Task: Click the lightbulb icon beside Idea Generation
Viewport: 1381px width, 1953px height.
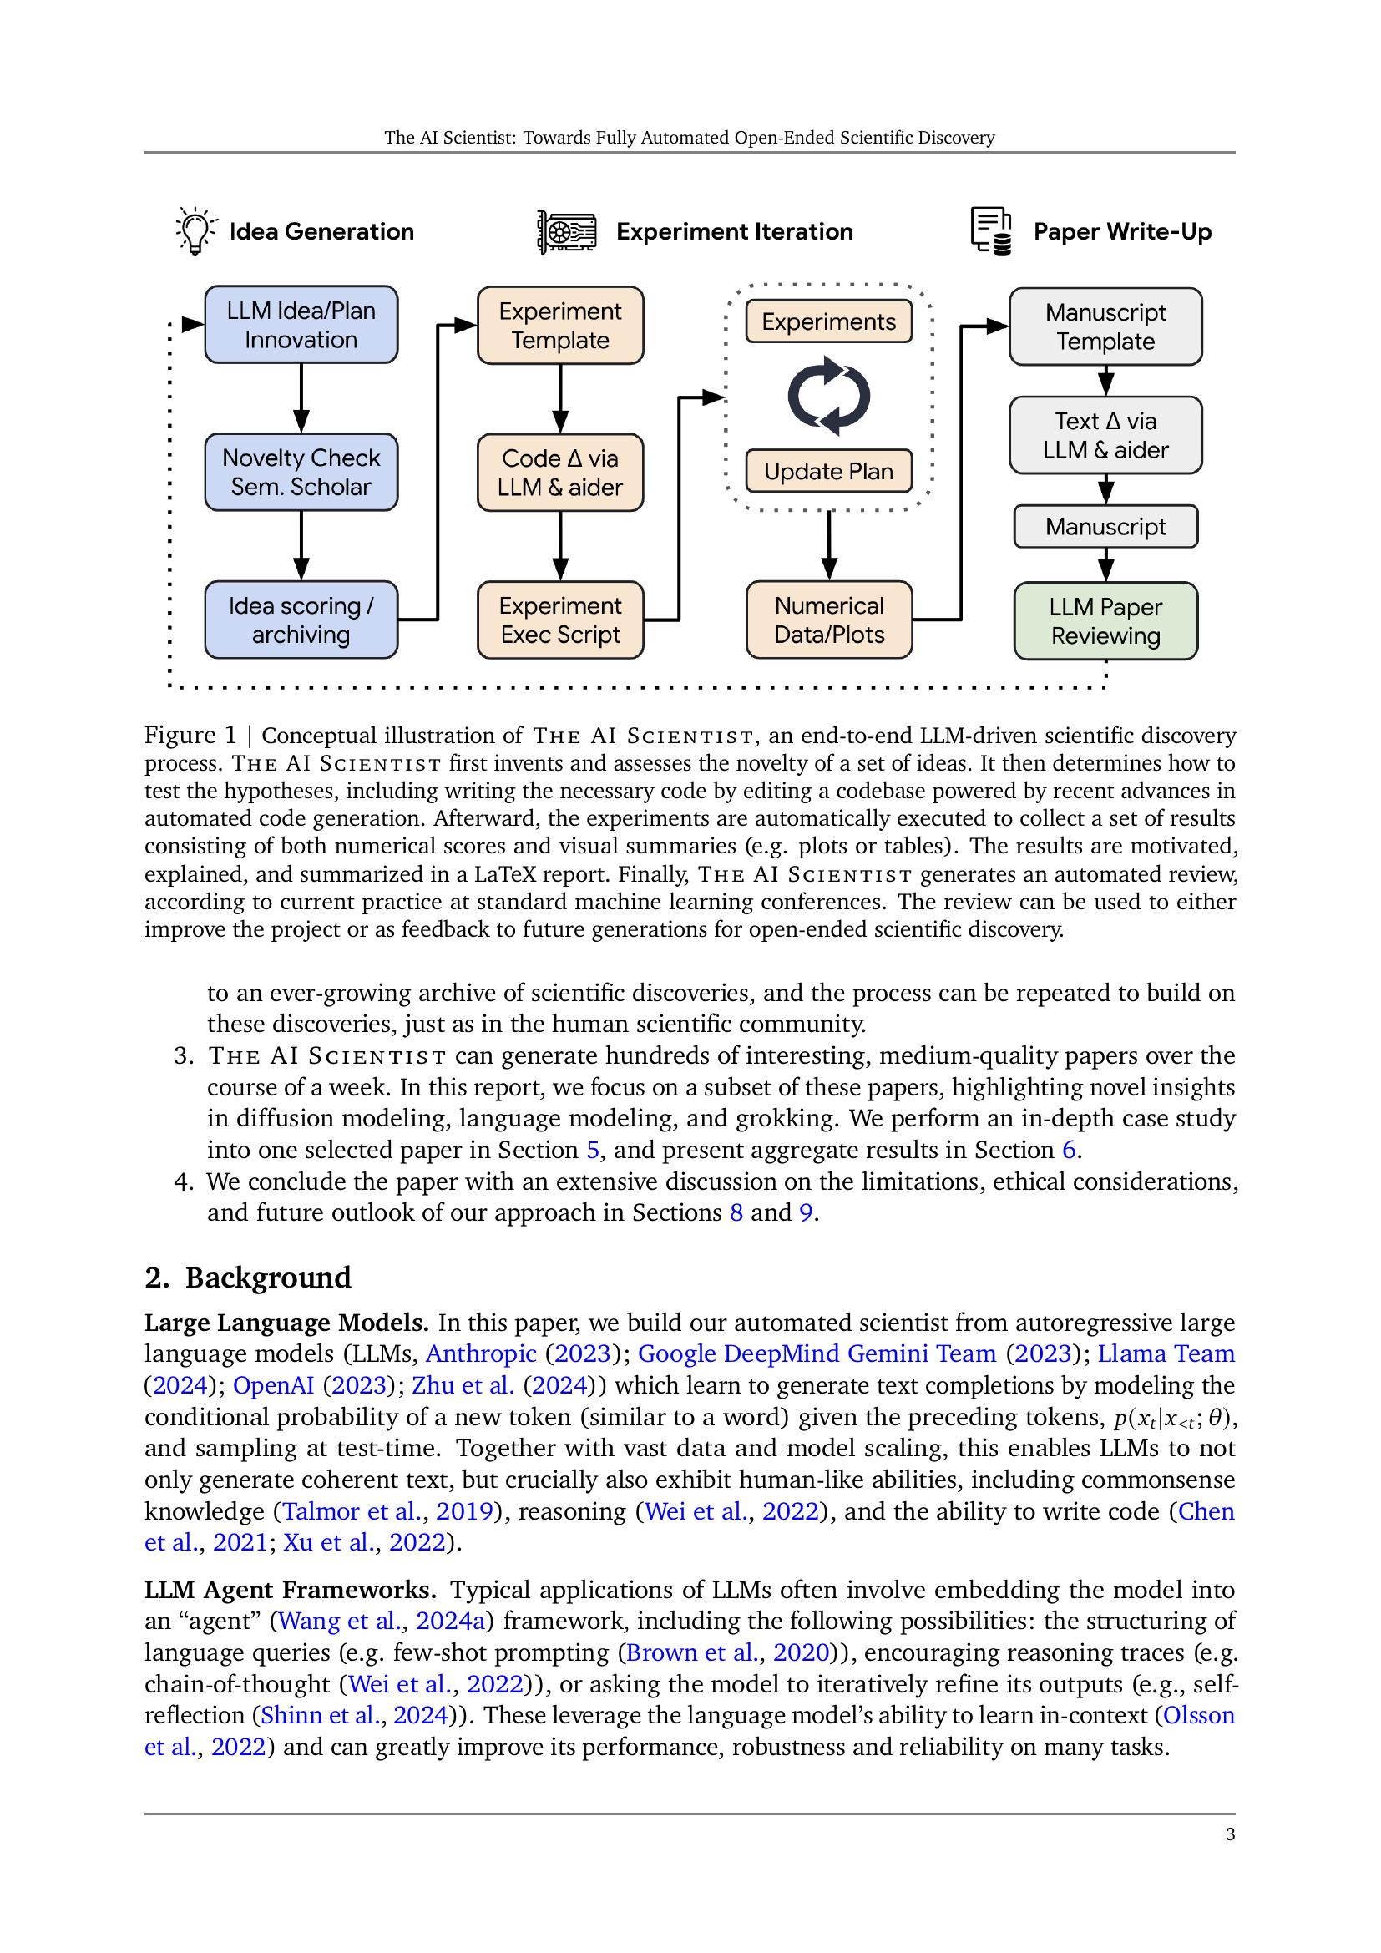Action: coord(195,230)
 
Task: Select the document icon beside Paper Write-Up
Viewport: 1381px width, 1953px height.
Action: coord(991,230)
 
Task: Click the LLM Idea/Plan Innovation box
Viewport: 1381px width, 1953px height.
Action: coord(301,325)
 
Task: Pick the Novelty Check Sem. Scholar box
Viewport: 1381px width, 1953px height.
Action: coord(301,472)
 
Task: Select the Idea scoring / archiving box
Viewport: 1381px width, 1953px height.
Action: coord(301,620)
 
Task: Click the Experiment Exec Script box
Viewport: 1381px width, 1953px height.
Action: coord(560,620)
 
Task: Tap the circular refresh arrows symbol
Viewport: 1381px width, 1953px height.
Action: coord(828,396)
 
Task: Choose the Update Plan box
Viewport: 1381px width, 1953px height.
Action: coord(828,471)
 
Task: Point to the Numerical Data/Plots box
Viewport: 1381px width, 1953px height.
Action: coord(829,620)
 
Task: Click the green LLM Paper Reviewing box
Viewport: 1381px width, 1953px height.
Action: coord(1105,621)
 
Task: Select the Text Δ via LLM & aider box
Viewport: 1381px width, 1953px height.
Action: coord(1105,435)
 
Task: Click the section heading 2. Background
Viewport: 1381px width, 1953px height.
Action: coord(247,1277)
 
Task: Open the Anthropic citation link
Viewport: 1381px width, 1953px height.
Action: coord(480,1353)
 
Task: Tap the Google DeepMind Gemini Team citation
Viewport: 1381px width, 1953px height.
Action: coord(817,1353)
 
